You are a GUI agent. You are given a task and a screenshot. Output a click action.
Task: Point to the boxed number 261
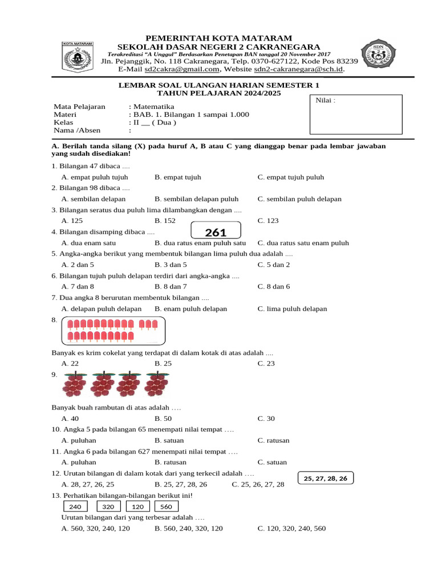click(x=216, y=232)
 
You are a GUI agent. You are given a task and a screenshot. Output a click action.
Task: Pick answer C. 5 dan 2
click(x=273, y=265)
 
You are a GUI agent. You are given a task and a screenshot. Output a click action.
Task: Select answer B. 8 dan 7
click(x=171, y=286)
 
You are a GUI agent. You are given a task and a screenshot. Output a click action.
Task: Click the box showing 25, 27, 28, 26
click(x=326, y=478)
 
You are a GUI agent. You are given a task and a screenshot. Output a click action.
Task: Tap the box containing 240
click(x=75, y=507)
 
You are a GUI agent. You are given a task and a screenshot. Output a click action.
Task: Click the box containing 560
click(x=166, y=507)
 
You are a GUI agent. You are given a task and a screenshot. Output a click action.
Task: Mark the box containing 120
click(x=137, y=507)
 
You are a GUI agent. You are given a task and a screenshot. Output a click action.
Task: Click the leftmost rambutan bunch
click(x=75, y=384)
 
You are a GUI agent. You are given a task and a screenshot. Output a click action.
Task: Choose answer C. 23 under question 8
click(x=266, y=363)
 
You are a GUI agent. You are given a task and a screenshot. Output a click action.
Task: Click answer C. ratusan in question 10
click(x=273, y=440)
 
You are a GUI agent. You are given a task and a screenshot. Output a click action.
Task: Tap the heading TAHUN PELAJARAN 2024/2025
click(x=219, y=93)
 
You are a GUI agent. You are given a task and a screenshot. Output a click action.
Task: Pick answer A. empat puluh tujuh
click(x=95, y=177)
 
